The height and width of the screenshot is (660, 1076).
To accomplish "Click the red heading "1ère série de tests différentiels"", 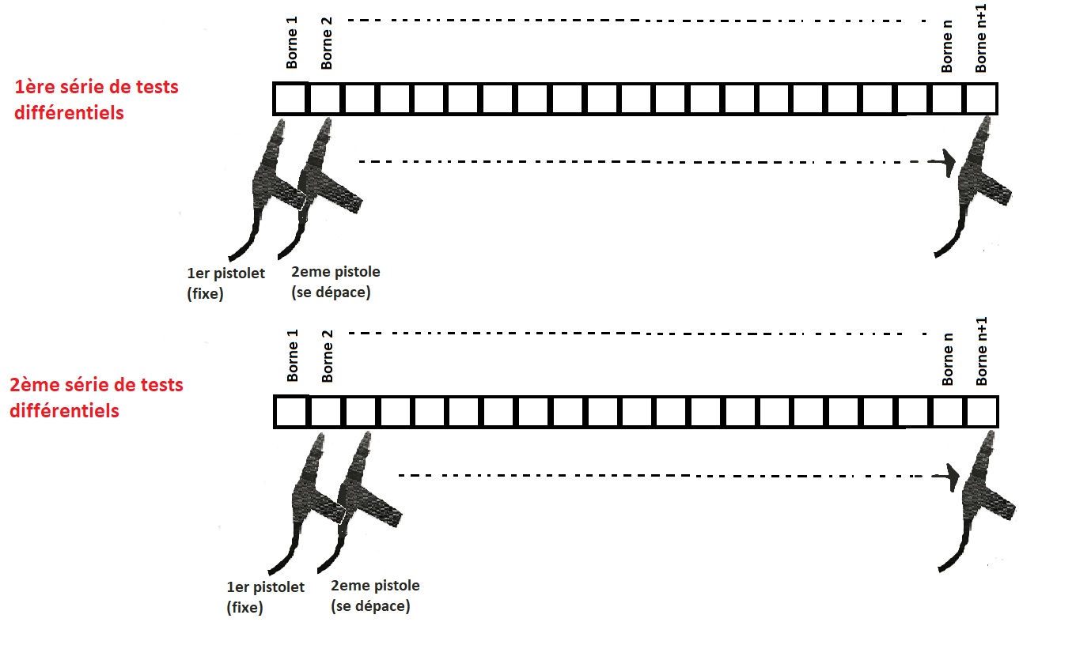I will pos(97,99).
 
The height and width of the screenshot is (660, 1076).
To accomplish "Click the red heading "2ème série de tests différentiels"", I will pos(97,398).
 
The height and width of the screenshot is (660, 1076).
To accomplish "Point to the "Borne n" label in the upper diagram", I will pos(947,52).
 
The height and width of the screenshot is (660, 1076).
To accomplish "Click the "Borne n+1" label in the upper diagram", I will pos(981,46).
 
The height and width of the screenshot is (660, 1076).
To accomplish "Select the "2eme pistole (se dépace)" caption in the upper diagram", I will pos(335,282).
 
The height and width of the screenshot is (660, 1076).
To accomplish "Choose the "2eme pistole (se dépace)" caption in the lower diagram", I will pos(375,596).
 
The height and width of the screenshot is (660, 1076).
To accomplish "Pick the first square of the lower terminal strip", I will pos(290,412).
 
